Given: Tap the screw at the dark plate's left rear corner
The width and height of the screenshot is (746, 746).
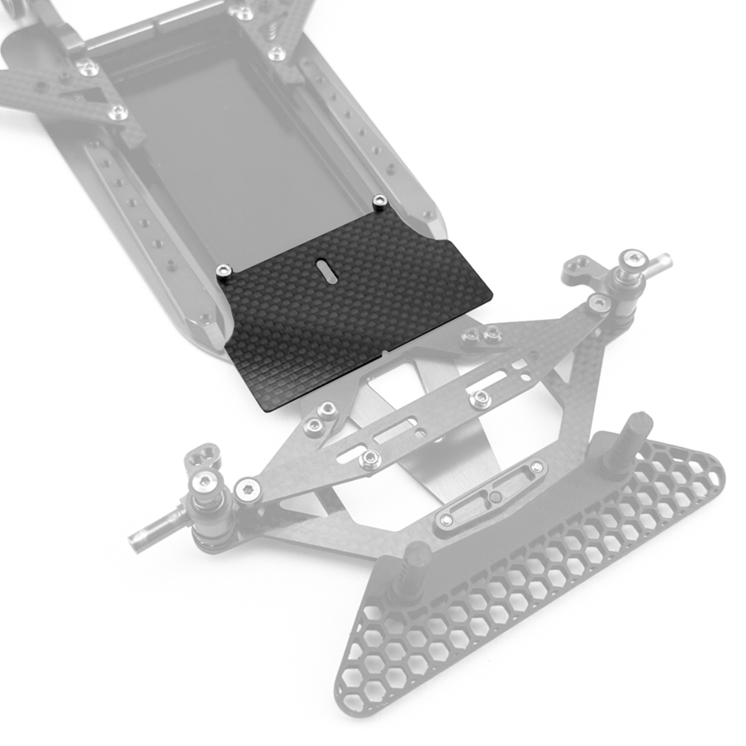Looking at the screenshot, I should (x=222, y=270).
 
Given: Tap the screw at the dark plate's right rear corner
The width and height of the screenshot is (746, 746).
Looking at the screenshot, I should (x=378, y=201).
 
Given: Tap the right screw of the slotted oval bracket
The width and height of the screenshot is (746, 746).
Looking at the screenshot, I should (x=537, y=468).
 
